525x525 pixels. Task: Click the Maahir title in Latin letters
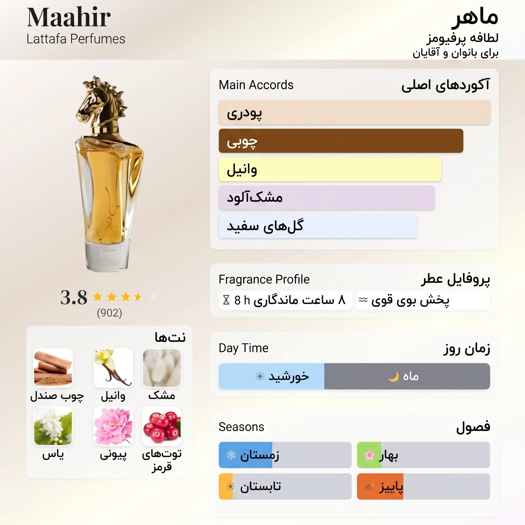point(69,17)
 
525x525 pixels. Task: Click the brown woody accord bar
point(341,141)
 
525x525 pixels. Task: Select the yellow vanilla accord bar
point(330,169)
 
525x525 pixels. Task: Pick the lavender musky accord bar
point(327,198)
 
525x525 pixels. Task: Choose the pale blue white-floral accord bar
point(318,226)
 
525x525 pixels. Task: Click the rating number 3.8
point(74,297)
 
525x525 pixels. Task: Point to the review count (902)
point(109,313)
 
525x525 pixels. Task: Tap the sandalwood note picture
point(53,368)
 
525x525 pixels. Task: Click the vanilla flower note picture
point(113,368)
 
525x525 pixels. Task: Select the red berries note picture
point(162,426)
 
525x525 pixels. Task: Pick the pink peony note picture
point(113,426)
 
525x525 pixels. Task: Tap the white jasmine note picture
point(53,426)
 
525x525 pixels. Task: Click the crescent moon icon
point(393,377)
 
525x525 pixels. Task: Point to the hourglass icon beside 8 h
point(226,300)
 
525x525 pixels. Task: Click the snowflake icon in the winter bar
point(231,455)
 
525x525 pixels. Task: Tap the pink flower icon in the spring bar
point(369,455)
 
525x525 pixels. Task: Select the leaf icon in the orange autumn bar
point(369,486)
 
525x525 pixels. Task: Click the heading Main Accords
point(256,85)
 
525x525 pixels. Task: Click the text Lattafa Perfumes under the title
point(76,39)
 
